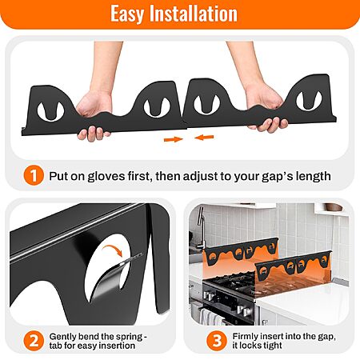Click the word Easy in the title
[127, 14]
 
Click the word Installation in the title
[194, 14]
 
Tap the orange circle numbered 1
[34, 176]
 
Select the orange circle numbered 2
[34, 341]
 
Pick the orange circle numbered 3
[217, 341]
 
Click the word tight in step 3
[271, 346]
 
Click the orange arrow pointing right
[174, 139]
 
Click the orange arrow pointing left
[204, 138]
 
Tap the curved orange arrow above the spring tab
[112, 249]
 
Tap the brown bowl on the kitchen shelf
[332, 207]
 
